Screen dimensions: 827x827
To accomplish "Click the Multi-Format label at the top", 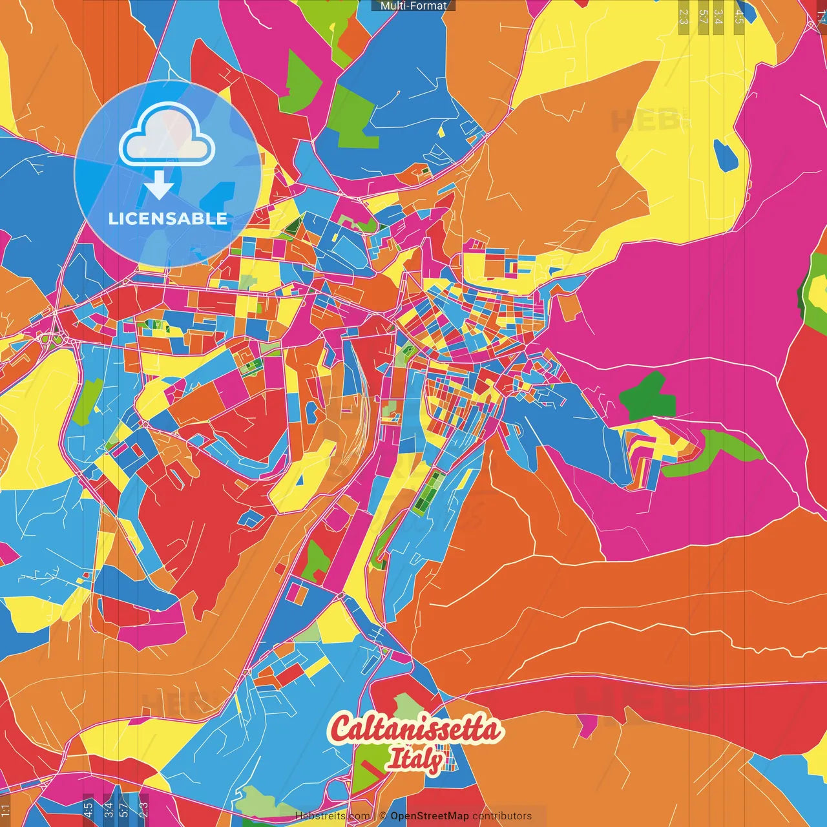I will click(x=413, y=6).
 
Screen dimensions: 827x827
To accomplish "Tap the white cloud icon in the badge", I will click(x=167, y=138).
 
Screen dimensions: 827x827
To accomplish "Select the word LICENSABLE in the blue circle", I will click(x=168, y=218).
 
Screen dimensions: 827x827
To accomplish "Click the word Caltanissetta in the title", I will click(x=415, y=729).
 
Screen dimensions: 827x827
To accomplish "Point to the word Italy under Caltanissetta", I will click(x=415, y=759).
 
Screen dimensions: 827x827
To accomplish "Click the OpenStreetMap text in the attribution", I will click(x=429, y=816).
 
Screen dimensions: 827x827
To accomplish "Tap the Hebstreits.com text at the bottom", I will click(x=333, y=816).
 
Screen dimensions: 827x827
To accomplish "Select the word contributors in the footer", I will click(x=502, y=816).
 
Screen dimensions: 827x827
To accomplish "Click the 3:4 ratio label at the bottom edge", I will click(x=109, y=808).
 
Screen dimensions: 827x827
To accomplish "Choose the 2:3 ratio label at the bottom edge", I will click(x=143, y=808).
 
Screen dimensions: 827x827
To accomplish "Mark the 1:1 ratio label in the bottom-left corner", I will click(x=6, y=810).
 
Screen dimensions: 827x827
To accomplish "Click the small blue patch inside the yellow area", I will click(x=725, y=155).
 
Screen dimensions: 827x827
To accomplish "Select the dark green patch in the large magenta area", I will click(x=649, y=395).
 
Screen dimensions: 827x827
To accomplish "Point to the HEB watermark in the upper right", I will click(x=646, y=121).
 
